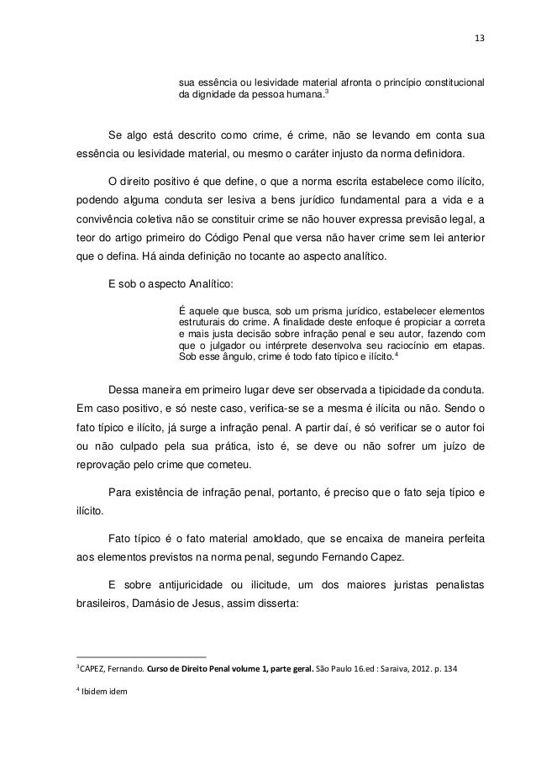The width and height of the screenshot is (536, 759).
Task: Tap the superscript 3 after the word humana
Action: pyautogui.click(x=327, y=94)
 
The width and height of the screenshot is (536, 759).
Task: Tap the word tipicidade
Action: pyautogui.click(x=386, y=389)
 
